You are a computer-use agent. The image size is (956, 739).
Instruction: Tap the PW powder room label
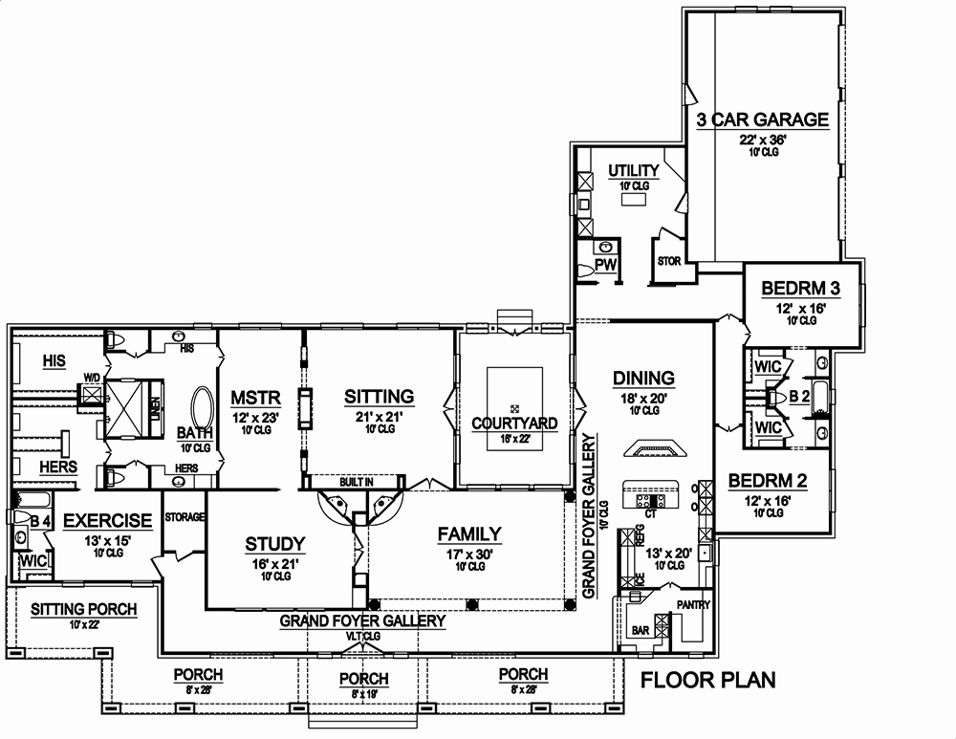pyautogui.click(x=604, y=263)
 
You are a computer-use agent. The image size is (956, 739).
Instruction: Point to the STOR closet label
pyautogui.click(x=667, y=261)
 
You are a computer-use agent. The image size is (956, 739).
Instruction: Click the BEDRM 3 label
pyautogui.click(x=801, y=289)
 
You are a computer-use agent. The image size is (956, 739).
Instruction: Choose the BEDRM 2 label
pyautogui.click(x=767, y=481)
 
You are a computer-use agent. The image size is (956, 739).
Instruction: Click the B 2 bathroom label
pyautogui.click(x=799, y=395)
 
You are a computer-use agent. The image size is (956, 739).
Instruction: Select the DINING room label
pyautogui.click(x=644, y=378)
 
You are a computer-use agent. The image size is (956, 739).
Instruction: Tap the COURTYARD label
pyautogui.click(x=515, y=423)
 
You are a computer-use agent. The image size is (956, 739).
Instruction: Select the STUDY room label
pyautogui.click(x=275, y=544)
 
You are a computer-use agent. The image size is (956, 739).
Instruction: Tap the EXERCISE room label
pyautogui.click(x=108, y=521)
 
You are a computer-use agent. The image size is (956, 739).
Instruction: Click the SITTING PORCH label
pyautogui.click(x=83, y=609)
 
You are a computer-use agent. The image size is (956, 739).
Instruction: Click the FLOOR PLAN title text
pyautogui.click(x=706, y=681)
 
